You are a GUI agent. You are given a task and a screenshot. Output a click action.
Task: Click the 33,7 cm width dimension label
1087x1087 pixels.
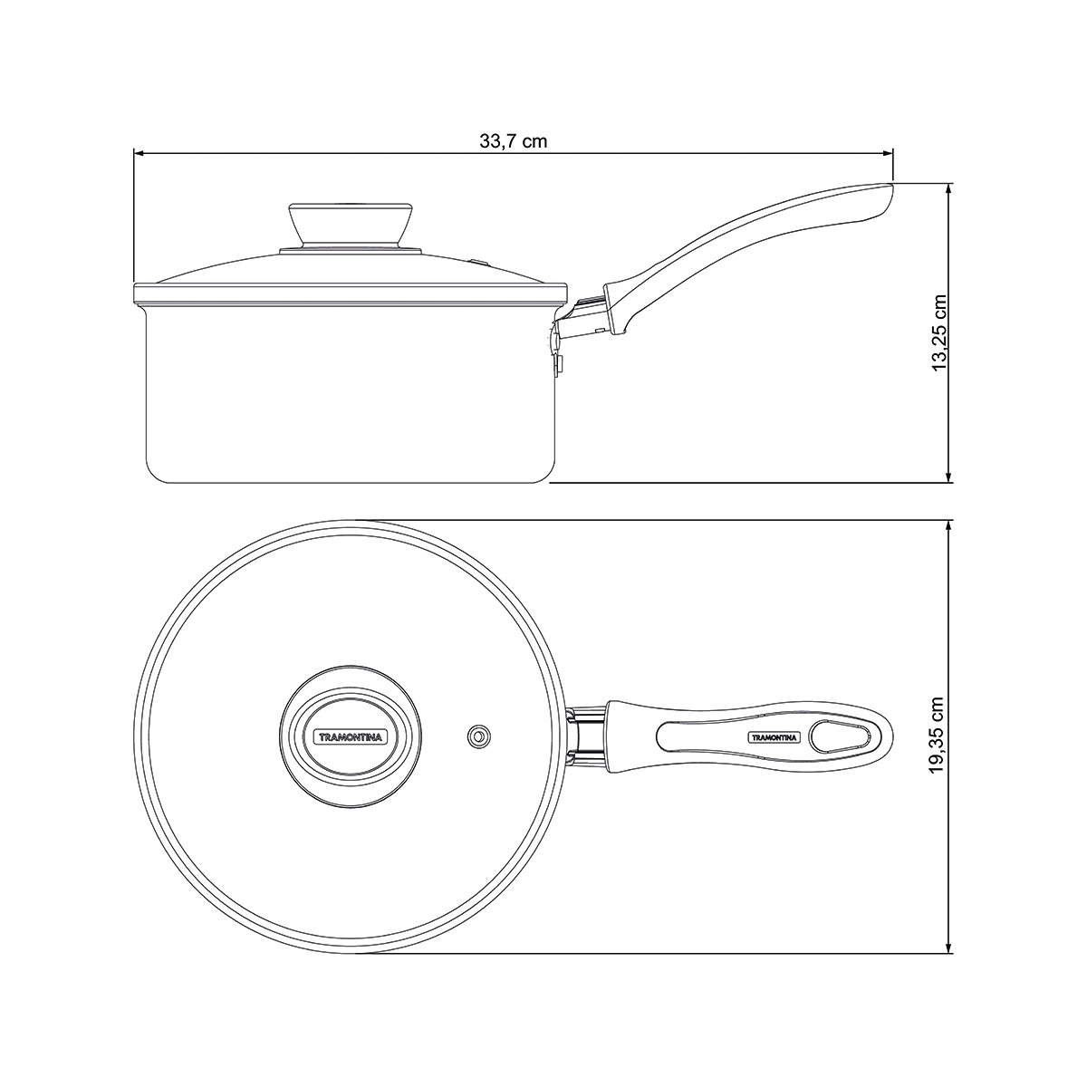coord(514,140)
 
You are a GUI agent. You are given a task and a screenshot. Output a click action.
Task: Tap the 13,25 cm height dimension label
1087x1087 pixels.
coord(939,332)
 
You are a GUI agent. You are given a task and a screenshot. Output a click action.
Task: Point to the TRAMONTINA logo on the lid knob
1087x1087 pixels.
coord(351,736)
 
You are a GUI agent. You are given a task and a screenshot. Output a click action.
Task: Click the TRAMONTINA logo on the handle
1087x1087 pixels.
coord(774,736)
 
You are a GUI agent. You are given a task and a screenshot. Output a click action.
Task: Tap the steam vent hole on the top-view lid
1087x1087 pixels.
coord(479,736)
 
